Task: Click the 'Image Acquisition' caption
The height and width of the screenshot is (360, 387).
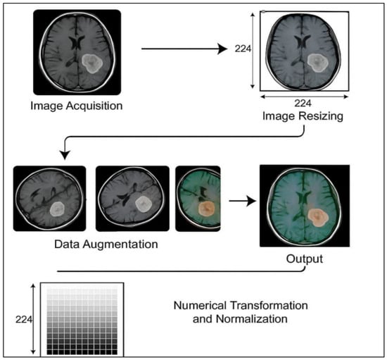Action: point(77,106)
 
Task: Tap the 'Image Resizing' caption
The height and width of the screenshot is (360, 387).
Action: point(303,116)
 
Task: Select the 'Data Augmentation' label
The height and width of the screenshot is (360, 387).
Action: point(106,244)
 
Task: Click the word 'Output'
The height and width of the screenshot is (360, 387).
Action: point(305,259)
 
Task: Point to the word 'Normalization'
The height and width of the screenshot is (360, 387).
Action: point(252,319)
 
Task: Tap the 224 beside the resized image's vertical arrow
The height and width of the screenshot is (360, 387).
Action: point(243,49)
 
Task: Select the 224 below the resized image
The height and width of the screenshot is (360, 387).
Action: point(303,103)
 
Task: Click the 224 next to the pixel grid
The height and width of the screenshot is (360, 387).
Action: point(24,320)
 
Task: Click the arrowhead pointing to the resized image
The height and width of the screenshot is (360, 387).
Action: point(222,49)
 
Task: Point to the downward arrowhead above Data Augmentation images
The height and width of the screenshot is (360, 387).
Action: point(65,155)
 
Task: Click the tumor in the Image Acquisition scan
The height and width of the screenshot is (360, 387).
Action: point(92,63)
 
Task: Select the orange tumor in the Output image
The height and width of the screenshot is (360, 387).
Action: point(318,218)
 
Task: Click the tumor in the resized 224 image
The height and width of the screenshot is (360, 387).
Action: point(318,63)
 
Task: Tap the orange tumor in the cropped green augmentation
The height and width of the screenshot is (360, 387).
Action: point(207,209)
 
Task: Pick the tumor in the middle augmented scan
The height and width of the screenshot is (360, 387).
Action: point(142,204)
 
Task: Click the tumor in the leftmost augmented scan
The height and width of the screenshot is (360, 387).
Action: point(57,209)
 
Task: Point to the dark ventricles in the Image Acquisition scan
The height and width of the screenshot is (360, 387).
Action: point(77,43)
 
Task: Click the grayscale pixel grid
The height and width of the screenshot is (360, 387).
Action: point(82,319)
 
